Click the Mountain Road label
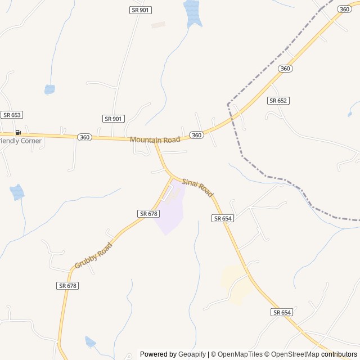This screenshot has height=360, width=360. [155, 139]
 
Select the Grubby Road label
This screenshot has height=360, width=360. [93, 255]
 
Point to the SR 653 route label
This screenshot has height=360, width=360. [11, 115]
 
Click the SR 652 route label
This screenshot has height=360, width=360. [278, 101]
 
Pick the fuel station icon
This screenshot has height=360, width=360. [18, 133]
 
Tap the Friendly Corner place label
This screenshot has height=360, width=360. [21, 141]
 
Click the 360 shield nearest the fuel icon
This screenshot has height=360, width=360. [84, 137]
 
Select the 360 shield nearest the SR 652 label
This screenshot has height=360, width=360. [285, 69]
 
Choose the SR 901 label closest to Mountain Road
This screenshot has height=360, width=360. [114, 119]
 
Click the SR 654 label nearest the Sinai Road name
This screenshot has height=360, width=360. [223, 218]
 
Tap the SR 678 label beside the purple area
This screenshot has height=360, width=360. [148, 214]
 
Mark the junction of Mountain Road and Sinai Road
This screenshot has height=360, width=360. [156, 144]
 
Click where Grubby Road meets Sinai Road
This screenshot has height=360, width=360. [172, 177]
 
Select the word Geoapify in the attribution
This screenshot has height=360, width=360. [192, 354]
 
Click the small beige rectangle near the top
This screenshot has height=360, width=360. [158, 25]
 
